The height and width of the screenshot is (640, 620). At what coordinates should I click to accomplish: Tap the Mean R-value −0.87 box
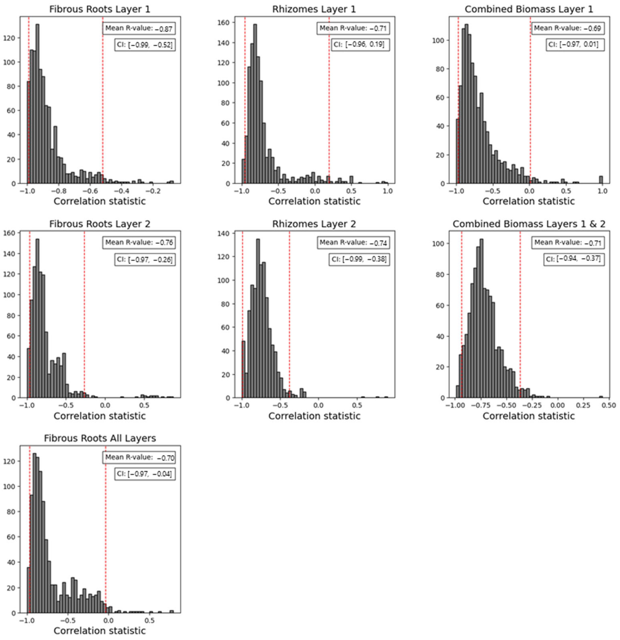(x=139, y=28)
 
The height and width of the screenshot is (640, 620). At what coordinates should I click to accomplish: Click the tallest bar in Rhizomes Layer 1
(x=255, y=103)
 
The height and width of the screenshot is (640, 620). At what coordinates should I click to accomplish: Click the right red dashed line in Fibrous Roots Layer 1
(x=103, y=98)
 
